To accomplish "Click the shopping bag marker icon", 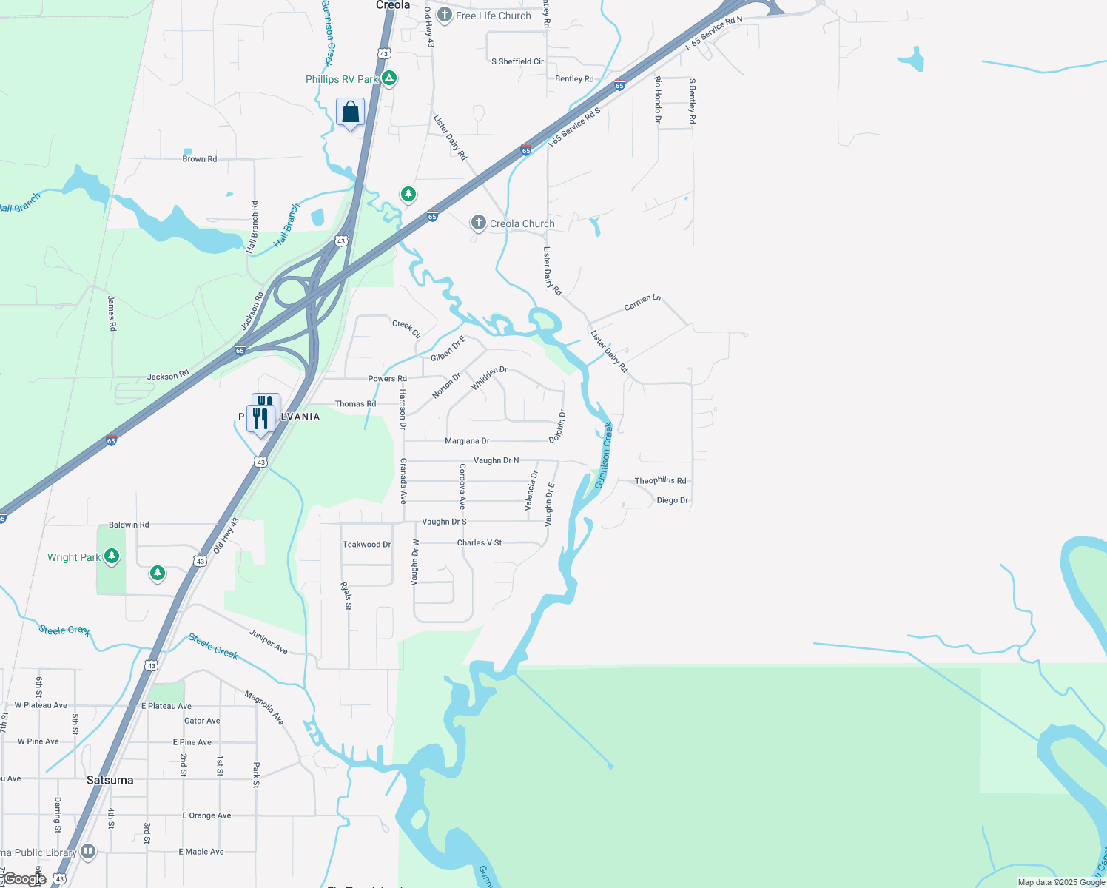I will [x=350, y=112].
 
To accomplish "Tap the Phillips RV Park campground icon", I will [x=389, y=78].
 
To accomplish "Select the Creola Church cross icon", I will [x=479, y=223].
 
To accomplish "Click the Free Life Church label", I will [x=493, y=16].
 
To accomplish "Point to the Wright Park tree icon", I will [x=112, y=556].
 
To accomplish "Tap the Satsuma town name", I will [x=110, y=780].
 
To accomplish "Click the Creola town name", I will [x=392, y=5].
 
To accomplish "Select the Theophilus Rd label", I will [x=660, y=480].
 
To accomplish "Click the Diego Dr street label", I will [x=673, y=500].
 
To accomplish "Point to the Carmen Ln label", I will [x=642, y=302].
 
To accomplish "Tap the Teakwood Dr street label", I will [x=366, y=544].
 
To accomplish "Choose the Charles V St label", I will [x=480, y=542].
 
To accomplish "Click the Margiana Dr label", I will [x=467, y=441].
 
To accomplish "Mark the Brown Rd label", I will [x=200, y=159].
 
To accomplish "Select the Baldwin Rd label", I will [x=129, y=525].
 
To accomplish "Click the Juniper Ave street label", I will [x=269, y=642].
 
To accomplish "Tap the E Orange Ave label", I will [x=206, y=815].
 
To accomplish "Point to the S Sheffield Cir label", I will [x=517, y=61].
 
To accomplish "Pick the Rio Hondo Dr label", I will [x=657, y=99].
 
